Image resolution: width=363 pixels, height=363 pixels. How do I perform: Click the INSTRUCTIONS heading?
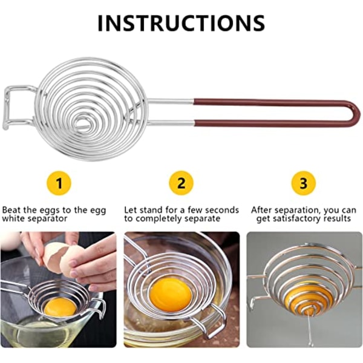coord(181,23)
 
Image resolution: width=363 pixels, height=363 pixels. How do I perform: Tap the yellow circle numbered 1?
coord(59,183)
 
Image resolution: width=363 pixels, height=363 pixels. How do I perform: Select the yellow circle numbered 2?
coord(181,183)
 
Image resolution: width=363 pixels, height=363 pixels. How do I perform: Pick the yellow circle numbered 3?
coord(303,183)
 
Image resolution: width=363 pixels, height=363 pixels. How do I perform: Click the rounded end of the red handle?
coord(358,114)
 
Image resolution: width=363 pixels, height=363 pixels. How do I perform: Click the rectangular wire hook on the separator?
coord(7,107)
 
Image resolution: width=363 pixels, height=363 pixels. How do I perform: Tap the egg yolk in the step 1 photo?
coord(60,307)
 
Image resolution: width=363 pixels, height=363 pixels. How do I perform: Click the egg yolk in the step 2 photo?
coord(171,292)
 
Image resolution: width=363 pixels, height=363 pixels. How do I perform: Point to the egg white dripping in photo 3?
coord(309,327)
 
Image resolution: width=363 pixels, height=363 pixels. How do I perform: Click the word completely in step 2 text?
coord(157,219)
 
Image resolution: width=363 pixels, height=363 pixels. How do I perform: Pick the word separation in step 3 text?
coord(296,211)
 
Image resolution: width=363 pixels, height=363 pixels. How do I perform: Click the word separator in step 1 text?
coord(47,219)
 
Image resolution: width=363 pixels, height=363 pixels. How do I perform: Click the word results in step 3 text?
coord(337,218)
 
